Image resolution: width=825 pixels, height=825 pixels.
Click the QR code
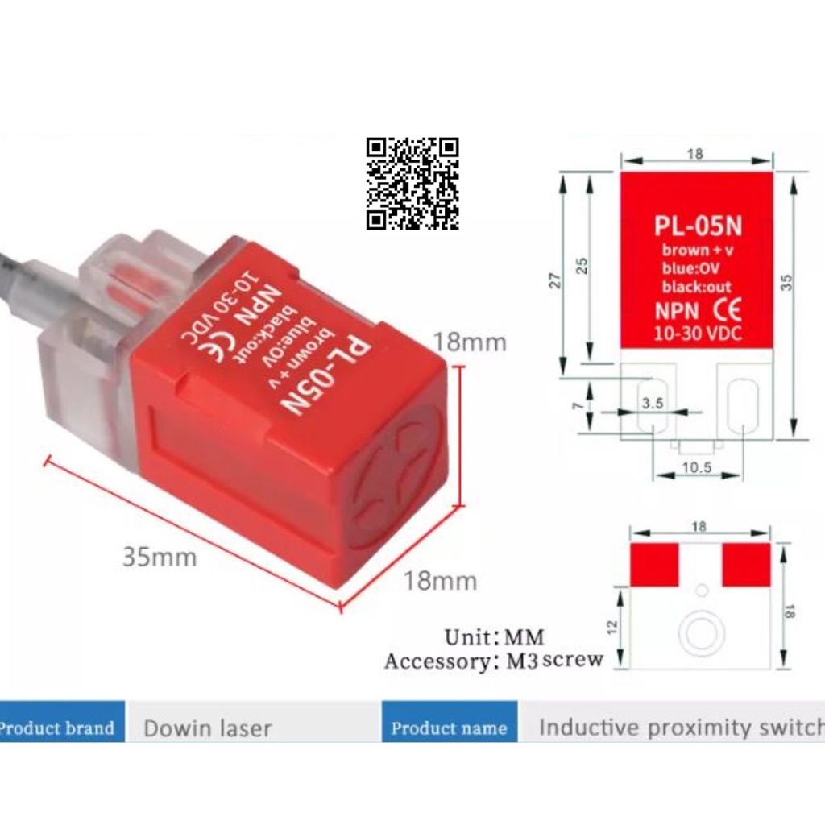pyautogui.click(x=412, y=184)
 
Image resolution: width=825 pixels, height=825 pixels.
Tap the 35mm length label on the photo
pyautogui.click(x=159, y=556)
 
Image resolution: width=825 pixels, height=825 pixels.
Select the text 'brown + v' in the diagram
pyautogui.click(x=698, y=251)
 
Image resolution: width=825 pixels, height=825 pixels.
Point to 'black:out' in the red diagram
pyautogui.click(x=697, y=287)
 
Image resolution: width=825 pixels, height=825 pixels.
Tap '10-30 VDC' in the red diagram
pyautogui.click(x=698, y=334)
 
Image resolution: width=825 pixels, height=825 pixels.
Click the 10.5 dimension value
pyautogui.click(x=699, y=466)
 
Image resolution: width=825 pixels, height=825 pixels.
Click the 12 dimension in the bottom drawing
pyautogui.click(x=613, y=624)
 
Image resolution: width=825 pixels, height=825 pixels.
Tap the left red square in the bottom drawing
pyautogui.click(x=653, y=564)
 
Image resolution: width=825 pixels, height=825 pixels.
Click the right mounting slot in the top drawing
pyautogui.click(x=743, y=407)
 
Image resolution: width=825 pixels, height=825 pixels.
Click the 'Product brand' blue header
pyautogui.click(x=58, y=728)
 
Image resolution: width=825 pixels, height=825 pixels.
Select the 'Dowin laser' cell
pyautogui.click(x=207, y=729)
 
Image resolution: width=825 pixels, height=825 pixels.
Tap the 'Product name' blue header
pyautogui.click(x=449, y=728)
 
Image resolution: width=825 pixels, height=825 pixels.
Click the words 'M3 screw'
pyautogui.click(x=555, y=661)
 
